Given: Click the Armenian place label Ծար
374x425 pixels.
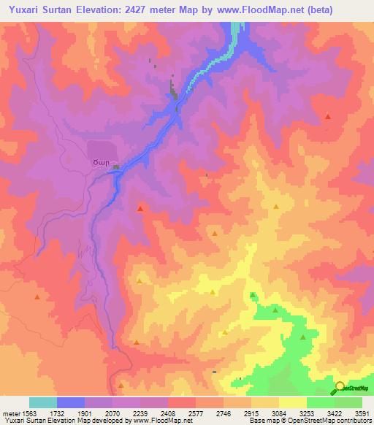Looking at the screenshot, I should click(x=100, y=161).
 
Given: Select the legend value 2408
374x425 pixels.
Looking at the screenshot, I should click(x=169, y=412).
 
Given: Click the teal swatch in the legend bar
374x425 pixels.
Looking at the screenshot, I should click(x=43, y=402).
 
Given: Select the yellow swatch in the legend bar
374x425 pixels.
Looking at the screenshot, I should click(x=293, y=402).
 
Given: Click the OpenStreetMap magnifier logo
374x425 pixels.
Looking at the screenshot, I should click(x=339, y=388).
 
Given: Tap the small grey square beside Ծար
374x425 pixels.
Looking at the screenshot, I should click(x=117, y=167).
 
